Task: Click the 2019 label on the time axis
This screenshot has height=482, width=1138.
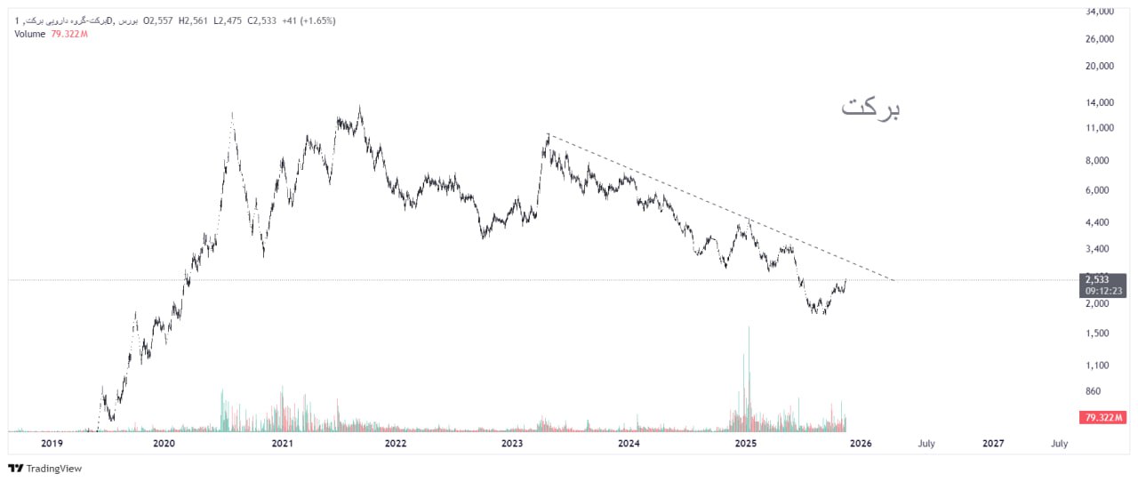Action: [x=52, y=443]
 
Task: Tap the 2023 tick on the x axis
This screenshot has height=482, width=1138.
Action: [x=512, y=443]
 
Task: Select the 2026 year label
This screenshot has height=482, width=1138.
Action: [x=860, y=443]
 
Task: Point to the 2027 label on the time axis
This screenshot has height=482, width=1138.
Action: [x=993, y=443]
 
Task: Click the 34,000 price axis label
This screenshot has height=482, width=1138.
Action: [x=1099, y=12]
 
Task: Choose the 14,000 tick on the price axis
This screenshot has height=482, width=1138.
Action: [x=1099, y=103]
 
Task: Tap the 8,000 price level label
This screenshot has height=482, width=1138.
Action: [x=1102, y=161]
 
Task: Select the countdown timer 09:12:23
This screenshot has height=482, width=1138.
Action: [x=1103, y=291]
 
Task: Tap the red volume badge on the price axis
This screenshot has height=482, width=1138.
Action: [x=1103, y=417]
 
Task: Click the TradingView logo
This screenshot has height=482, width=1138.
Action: [x=44, y=468]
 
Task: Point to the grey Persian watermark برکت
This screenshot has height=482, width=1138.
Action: [x=870, y=108]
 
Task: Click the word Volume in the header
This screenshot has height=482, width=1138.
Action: [x=29, y=34]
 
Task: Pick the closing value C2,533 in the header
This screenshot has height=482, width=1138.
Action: [x=261, y=20]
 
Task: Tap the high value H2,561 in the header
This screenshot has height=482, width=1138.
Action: [x=192, y=20]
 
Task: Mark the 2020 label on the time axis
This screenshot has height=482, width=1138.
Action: [x=164, y=443]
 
